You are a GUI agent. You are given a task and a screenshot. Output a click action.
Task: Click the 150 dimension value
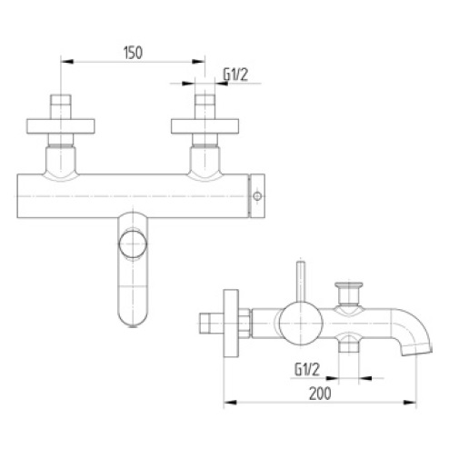click(133, 53)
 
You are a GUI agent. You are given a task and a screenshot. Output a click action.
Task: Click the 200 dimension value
click(320, 394)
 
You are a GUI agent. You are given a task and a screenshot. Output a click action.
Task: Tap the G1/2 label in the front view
click(235, 75)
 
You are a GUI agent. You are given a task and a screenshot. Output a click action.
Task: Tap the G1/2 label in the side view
click(307, 369)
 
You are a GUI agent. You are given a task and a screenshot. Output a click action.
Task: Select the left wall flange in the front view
click(61, 126)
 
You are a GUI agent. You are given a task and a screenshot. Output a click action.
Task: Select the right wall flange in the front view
click(205, 126)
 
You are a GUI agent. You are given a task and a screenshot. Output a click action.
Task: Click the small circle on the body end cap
click(257, 196)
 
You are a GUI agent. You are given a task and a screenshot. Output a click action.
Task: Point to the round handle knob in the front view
click(133, 244)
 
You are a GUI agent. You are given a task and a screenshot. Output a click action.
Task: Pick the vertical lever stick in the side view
click(301, 281)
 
